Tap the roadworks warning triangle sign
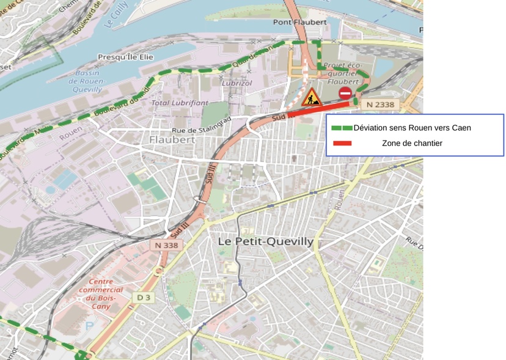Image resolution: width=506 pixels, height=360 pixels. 312,97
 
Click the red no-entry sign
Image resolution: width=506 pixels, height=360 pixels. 345,93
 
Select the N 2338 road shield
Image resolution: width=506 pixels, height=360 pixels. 380,105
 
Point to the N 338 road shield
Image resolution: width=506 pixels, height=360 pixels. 166,244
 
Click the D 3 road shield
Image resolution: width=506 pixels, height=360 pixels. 143,298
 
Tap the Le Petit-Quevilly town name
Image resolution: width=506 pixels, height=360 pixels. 266,241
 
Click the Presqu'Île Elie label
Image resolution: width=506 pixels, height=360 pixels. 126,57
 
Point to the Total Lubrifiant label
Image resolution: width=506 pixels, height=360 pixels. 180,103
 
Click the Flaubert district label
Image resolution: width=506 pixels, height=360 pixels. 172,139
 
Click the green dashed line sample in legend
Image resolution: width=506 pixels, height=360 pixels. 342,128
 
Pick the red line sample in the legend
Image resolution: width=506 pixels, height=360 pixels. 342,144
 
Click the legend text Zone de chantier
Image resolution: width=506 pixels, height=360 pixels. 412,144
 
